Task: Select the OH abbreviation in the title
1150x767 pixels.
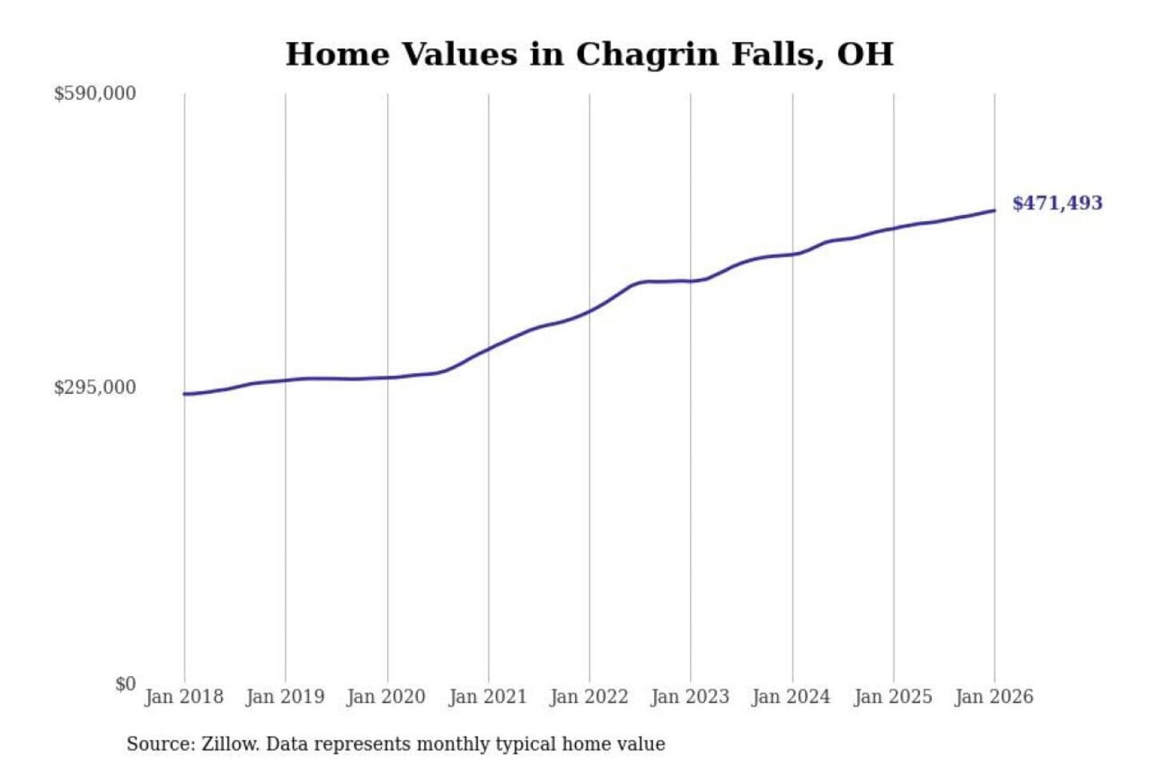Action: [865, 54]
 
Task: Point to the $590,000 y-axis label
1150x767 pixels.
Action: [95, 93]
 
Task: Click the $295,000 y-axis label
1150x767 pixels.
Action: [95, 387]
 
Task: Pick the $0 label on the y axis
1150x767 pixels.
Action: [125, 684]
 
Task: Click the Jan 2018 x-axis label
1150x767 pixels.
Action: [184, 697]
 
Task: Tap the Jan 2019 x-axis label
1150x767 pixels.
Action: [285, 697]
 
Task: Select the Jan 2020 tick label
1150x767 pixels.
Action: [387, 697]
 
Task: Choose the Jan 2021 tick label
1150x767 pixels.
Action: [488, 697]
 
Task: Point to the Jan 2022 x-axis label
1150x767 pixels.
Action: [589, 697]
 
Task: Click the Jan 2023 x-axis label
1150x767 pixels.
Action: [691, 697]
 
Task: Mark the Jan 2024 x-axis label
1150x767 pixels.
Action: [791, 697]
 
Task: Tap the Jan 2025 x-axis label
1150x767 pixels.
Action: [893, 697]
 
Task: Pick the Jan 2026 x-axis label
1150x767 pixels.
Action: [994, 697]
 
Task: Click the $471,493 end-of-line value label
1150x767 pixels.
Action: [1057, 203]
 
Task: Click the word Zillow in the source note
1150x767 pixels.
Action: [229, 745]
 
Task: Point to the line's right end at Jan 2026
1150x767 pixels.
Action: [994, 211]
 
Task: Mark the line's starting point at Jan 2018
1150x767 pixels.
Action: [184, 394]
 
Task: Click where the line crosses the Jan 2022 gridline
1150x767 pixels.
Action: [590, 310]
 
